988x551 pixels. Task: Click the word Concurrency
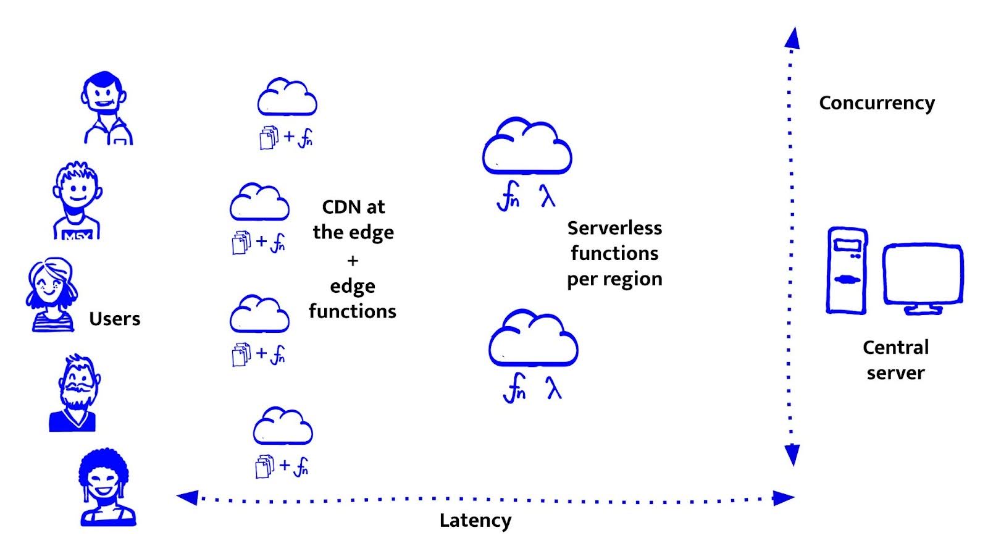tap(876, 103)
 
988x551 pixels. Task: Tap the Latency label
tap(475, 521)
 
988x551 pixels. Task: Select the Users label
tap(115, 319)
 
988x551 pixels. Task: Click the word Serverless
tap(614, 228)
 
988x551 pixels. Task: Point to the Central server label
tap(895, 360)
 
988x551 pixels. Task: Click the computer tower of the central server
tap(847, 271)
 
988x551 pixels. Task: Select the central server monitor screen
tap(923, 273)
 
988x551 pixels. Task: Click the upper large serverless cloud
tap(526, 147)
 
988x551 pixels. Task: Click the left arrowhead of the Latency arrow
tap(187, 497)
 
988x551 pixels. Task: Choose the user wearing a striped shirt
tap(52, 295)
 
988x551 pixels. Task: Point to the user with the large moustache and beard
tap(75, 392)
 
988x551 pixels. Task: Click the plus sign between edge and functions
tap(353, 261)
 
